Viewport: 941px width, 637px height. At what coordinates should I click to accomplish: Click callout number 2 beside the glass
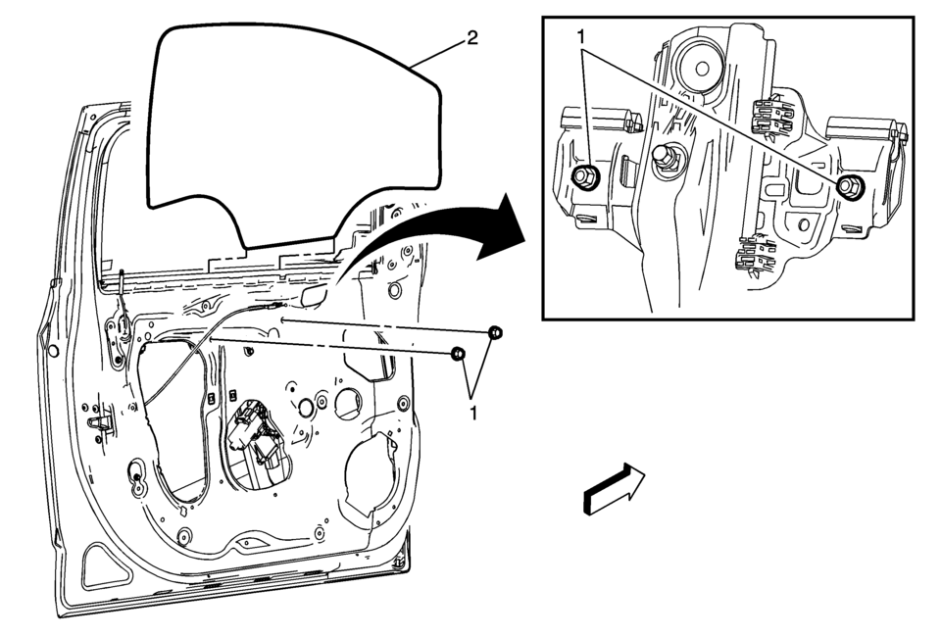472,38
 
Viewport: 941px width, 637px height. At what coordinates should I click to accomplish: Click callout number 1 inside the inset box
581,37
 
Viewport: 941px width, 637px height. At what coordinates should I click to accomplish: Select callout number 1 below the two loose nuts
474,413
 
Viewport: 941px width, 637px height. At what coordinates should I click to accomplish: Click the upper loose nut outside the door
495,332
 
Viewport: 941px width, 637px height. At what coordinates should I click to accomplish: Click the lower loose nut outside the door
458,353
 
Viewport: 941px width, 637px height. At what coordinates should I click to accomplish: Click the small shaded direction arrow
614,487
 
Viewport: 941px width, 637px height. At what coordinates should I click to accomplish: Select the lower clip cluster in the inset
756,257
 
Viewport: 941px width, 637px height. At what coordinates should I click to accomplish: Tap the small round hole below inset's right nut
804,224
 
